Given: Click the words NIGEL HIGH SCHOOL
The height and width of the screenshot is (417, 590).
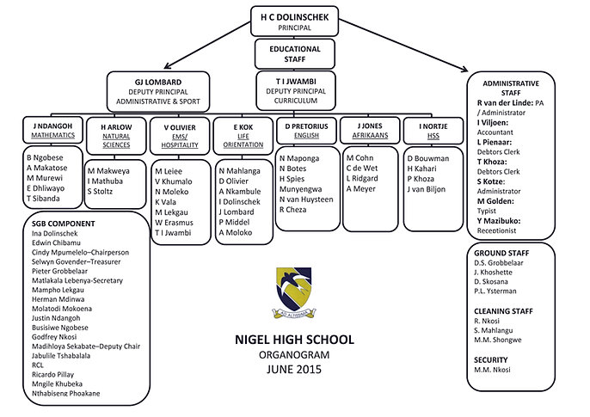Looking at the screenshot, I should [x=295, y=340].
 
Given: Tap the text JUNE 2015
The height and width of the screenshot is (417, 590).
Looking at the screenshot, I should [x=294, y=368].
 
